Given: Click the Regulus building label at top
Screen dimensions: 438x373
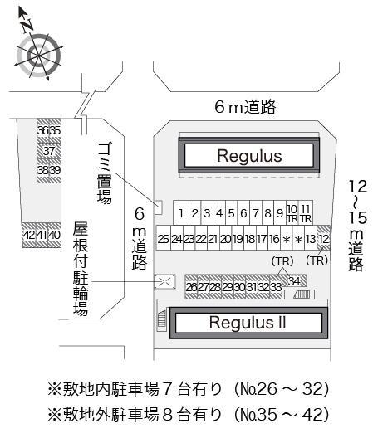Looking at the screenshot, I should point(249,155).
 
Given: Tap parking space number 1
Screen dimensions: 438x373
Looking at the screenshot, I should point(180,213).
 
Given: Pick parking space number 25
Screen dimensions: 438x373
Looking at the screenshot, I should point(164,239).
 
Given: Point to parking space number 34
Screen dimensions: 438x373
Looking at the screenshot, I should point(295,280).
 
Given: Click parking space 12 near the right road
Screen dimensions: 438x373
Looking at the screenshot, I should point(324,239).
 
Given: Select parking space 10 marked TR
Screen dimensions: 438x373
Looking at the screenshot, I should point(292,212).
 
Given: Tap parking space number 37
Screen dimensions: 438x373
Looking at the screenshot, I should point(49,151).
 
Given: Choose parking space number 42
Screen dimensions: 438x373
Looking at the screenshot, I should point(28,235).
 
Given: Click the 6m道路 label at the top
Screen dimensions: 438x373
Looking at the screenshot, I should point(244,106).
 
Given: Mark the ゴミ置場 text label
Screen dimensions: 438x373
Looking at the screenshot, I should point(105,173).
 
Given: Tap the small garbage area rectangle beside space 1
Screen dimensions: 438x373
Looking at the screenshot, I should point(160,207).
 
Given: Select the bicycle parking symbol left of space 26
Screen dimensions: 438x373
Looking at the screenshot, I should point(164,281).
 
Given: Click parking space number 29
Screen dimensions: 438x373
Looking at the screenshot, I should point(227,287).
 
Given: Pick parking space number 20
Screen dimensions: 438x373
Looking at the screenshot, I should point(225,239).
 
